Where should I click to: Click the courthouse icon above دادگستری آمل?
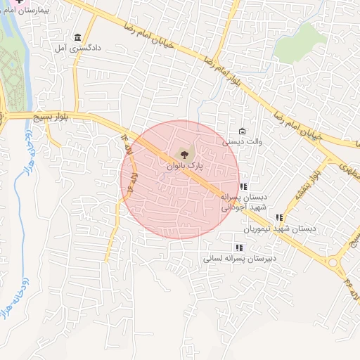[77, 37]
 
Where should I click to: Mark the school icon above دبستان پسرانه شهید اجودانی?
[243, 187]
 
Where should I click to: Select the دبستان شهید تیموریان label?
[280, 229]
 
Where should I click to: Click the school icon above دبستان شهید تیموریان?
[279, 218]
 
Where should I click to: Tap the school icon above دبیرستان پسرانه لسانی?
[239, 247]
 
